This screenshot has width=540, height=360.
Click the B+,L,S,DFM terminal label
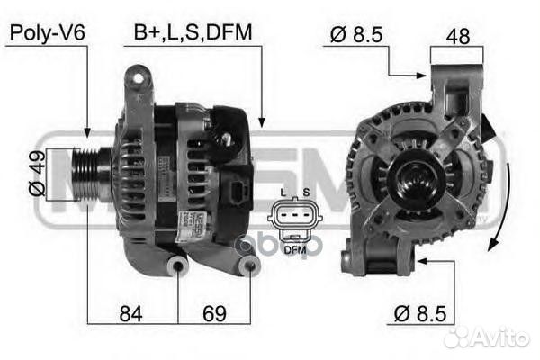click(x=193, y=32)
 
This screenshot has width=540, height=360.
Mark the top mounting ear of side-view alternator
click(x=137, y=79)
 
